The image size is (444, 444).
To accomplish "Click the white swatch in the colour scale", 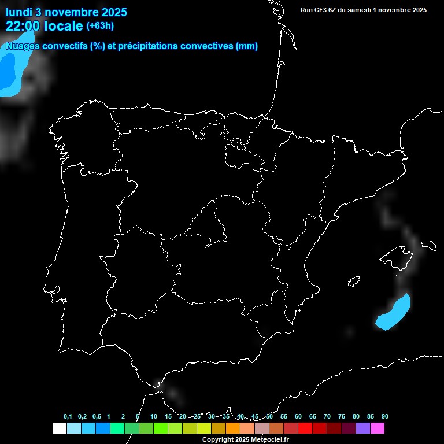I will coord(59,428).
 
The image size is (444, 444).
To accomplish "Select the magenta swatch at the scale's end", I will coord(378,428).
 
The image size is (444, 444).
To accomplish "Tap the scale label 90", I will coord(384,417).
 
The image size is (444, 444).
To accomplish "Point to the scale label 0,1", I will coord(68,417).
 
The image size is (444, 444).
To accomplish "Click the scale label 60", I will coord(298,417).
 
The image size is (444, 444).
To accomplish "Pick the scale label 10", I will coord(153,417).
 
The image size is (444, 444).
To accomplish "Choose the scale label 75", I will coord(341,417).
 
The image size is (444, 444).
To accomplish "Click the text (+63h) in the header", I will coord(100,25).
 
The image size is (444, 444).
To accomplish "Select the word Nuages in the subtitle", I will coord(21,46).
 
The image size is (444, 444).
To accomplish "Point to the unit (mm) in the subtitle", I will coord(247,46).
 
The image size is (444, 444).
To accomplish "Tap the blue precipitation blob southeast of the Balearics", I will coord(393,312).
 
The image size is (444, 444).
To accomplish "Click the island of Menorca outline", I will coord(428,245).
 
